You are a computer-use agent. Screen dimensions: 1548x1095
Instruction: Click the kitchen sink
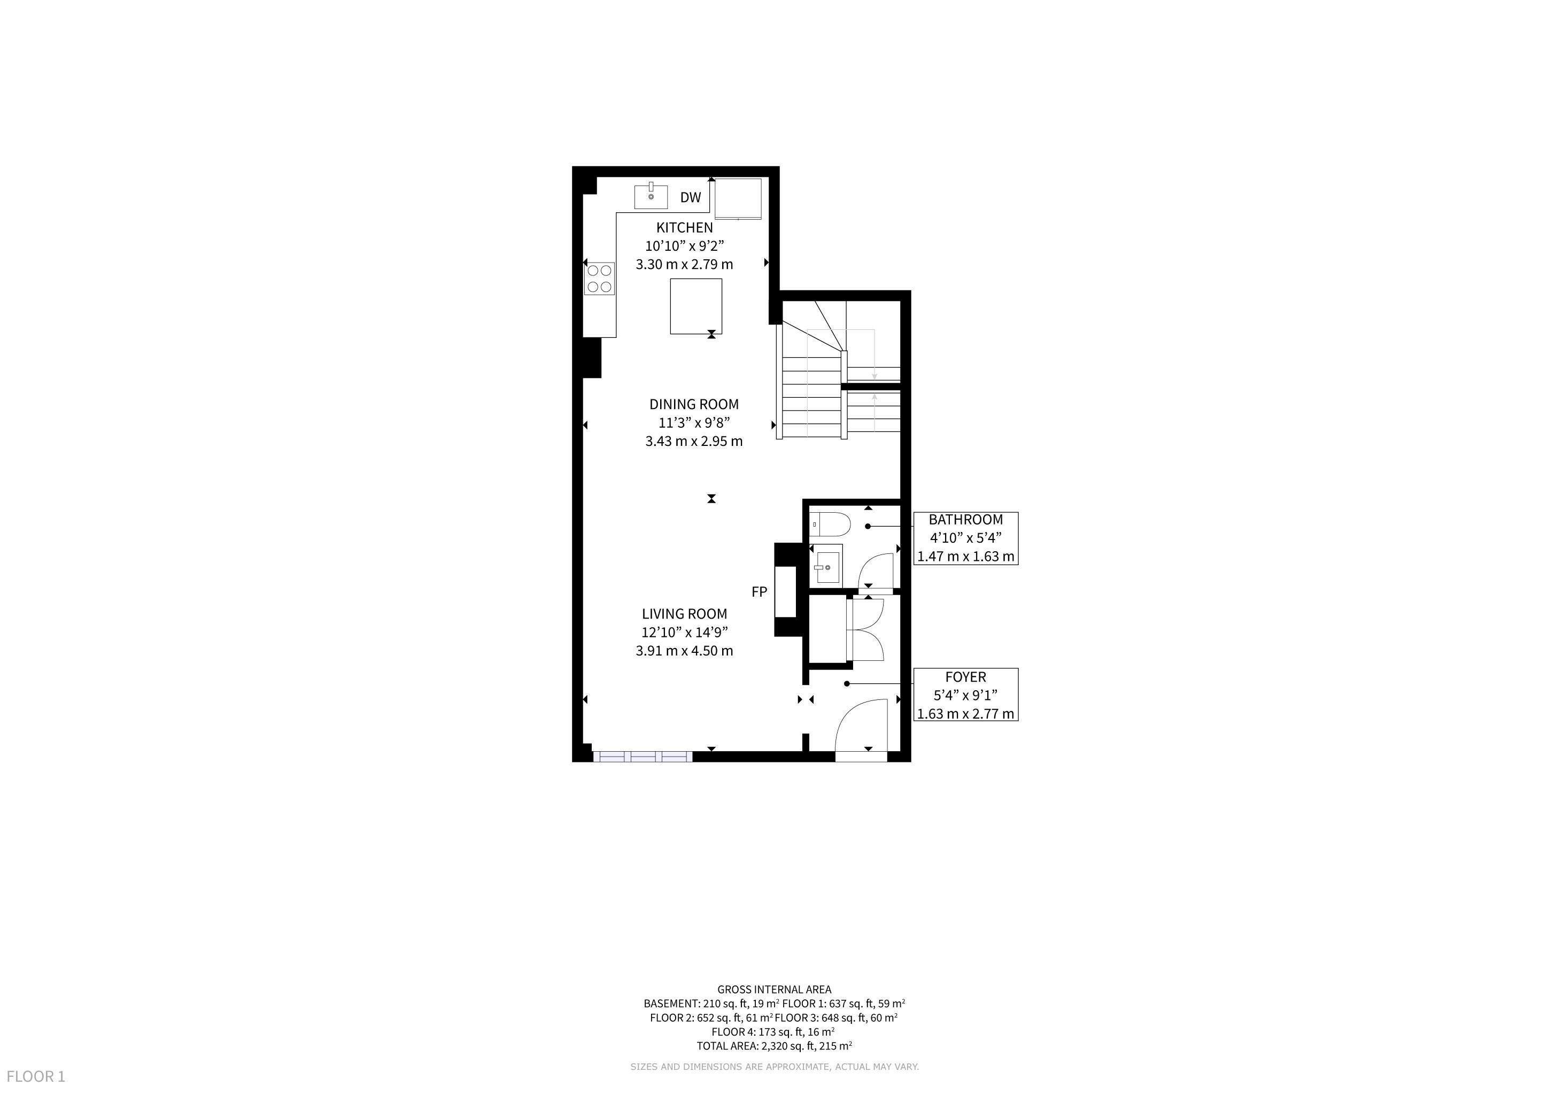pos(651,196)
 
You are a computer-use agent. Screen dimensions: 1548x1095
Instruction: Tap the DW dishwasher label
pos(691,197)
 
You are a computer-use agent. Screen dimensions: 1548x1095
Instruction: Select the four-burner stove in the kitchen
pos(599,279)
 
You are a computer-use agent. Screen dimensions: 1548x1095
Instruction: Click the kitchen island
pos(696,306)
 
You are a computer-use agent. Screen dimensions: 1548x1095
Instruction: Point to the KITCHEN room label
pos(684,228)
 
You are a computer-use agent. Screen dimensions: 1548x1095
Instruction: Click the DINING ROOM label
pos(694,405)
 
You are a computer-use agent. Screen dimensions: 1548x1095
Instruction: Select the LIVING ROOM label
pos(684,614)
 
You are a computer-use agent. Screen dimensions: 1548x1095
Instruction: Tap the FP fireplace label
pos(759,592)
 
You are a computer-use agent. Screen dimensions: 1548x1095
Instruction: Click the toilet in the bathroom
pos(830,524)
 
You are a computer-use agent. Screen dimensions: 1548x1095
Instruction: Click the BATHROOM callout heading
pos(965,520)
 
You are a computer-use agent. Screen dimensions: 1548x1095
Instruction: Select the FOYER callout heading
pos(965,677)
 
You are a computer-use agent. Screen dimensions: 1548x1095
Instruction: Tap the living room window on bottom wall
pos(643,757)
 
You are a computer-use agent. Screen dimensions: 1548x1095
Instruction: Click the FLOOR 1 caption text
pos(36,1076)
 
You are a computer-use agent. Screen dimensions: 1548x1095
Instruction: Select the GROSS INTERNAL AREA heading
pos(774,990)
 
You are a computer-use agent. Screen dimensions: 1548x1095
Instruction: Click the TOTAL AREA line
pos(774,1046)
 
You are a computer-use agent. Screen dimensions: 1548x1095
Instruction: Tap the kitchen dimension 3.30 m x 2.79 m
pos(684,264)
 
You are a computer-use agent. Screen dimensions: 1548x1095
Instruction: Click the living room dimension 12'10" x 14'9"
pos(684,633)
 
